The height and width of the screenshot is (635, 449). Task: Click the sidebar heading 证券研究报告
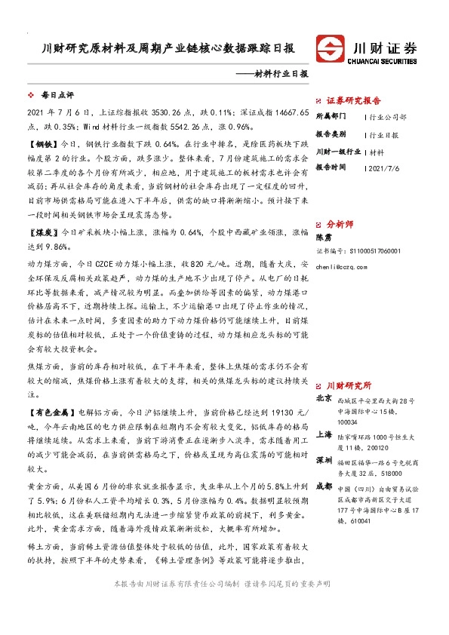[x=353, y=100]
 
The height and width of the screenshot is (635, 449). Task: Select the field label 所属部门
[x=330, y=117]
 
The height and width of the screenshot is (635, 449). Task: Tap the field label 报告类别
[x=330, y=134]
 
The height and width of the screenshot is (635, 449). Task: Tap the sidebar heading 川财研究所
[x=348, y=384]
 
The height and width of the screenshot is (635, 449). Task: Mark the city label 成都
[x=323, y=485]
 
